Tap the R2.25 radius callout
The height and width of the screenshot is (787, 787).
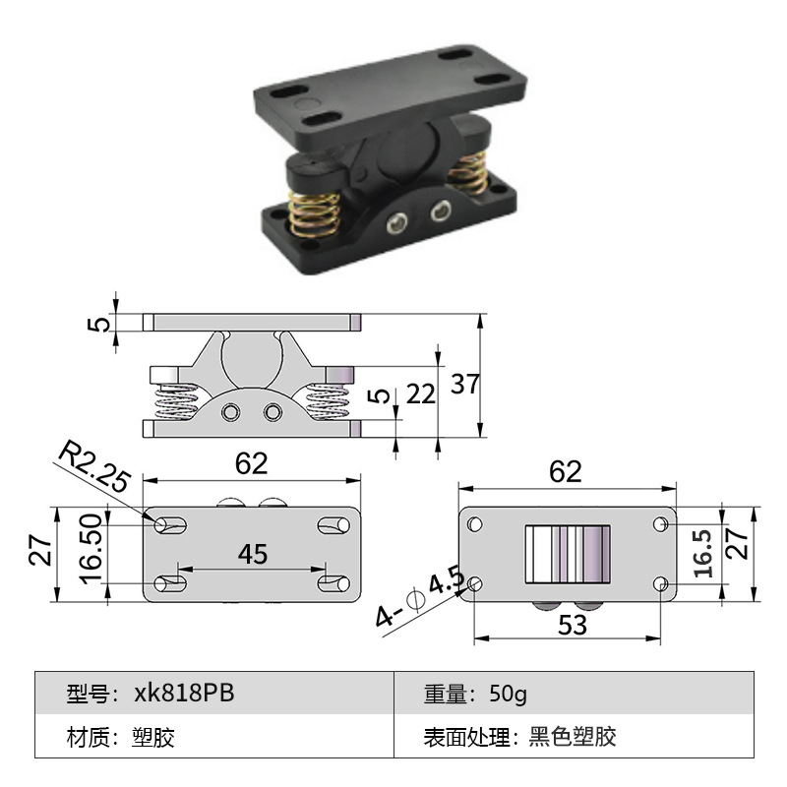[93, 466]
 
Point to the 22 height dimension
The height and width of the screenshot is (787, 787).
[420, 393]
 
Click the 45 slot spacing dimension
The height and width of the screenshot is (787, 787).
[253, 554]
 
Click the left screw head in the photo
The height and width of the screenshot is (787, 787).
[395, 226]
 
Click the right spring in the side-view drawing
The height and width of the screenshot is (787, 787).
[329, 402]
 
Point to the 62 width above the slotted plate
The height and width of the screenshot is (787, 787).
[252, 463]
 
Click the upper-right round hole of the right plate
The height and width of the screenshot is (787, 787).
[659, 524]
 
